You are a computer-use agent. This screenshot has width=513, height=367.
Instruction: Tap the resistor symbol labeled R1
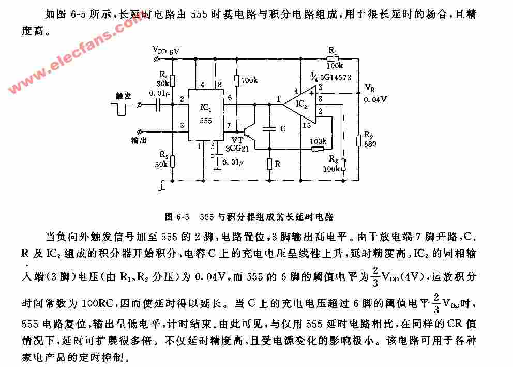coord(333,59)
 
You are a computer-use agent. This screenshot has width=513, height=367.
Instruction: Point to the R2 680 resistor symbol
coord(358,140)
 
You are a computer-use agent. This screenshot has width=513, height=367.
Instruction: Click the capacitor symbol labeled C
coord(269,129)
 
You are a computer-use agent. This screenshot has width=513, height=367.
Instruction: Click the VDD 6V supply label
coord(166,50)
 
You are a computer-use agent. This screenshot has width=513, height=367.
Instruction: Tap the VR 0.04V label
coord(375,94)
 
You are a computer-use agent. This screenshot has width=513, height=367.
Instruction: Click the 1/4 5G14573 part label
coord(331,77)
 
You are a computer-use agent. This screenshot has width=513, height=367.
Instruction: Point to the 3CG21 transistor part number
coord(237,149)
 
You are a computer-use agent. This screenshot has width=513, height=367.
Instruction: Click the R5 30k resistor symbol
coord(172,162)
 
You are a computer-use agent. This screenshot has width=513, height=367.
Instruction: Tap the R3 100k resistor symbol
coord(343,165)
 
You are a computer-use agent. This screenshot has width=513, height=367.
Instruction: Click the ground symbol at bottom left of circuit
coord(162,187)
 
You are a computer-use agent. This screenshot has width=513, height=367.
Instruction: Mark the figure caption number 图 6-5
coord(177,217)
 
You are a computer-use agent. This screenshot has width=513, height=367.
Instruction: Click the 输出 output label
coord(139,141)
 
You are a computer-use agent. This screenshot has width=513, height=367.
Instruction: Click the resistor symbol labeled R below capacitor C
coord(269,164)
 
